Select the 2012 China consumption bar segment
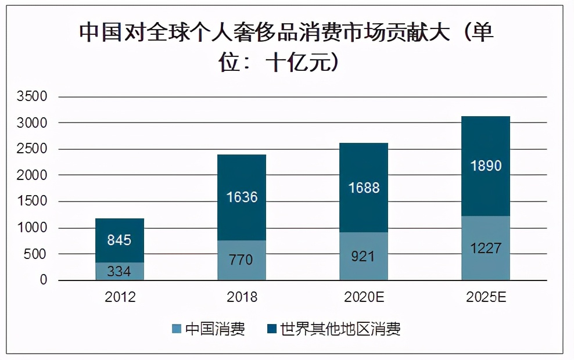120,271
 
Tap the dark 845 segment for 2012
120,240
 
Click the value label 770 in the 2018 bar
241,260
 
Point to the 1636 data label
241,197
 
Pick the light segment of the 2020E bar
363,256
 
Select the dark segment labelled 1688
363,188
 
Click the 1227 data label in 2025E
485,248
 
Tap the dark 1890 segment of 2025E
485,165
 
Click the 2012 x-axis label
120,297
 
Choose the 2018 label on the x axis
241,297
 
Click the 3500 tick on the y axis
32,97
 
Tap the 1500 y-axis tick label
32,201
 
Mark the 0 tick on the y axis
44,280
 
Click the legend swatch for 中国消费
177,330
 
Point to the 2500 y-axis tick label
32,149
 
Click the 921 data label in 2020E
363,256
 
